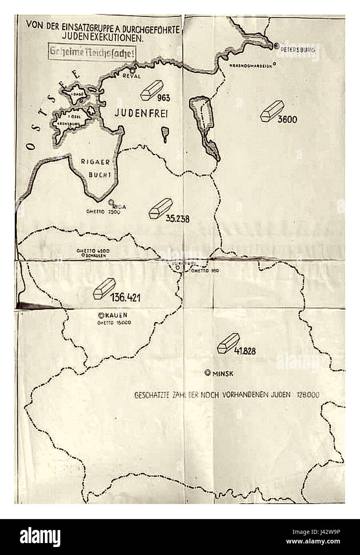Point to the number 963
[x=164, y=98]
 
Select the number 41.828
[x=245, y=351]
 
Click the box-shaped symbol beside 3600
[x=271, y=111]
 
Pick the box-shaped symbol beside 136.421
[x=104, y=288]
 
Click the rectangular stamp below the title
[x=91, y=52]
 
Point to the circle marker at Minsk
[x=207, y=373]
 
